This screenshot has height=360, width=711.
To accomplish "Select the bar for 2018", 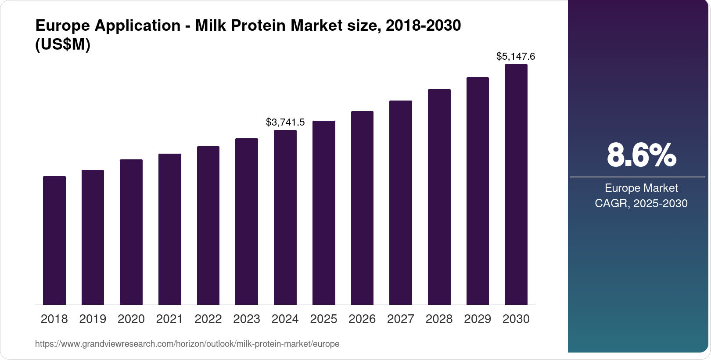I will pyautogui.click(x=54, y=240).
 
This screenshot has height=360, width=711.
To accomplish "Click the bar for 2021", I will pyautogui.click(x=170, y=229).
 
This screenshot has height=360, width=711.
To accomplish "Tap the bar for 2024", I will pyautogui.click(x=285, y=217).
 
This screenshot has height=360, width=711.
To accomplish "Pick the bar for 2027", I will pyautogui.click(x=400, y=202).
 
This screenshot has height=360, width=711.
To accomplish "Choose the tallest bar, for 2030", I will pyautogui.click(x=516, y=184).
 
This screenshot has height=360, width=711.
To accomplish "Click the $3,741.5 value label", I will pyautogui.click(x=285, y=122).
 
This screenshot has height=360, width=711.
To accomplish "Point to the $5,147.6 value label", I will pyautogui.click(x=516, y=57).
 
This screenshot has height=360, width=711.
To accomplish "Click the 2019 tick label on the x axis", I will pyautogui.click(x=93, y=319).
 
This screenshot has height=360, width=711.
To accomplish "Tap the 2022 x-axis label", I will pyautogui.click(x=208, y=319).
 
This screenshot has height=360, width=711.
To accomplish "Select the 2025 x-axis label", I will pyautogui.click(x=323, y=319).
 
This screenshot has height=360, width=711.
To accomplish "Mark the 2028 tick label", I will pyautogui.click(x=439, y=319).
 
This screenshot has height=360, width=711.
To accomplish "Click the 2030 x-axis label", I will pyautogui.click(x=516, y=319).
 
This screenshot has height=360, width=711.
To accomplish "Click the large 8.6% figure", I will pyautogui.click(x=641, y=155).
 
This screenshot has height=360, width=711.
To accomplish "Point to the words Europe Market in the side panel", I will pyautogui.click(x=641, y=188).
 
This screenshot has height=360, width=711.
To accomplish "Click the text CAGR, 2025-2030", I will pyautogui.click(x=641, y=204).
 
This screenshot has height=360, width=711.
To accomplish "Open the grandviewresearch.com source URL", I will pyautogui.click(x=187, y=344).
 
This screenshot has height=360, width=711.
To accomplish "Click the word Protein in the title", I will pyautogui.click(x=259, y=26).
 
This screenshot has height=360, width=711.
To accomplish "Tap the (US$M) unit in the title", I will pyautogui.click(x=62, y=45).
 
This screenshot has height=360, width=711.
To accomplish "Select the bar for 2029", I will pyautogui.click(x=478, y=191).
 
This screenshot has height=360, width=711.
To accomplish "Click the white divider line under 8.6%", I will pyautogui.click(x=637, y=177).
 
